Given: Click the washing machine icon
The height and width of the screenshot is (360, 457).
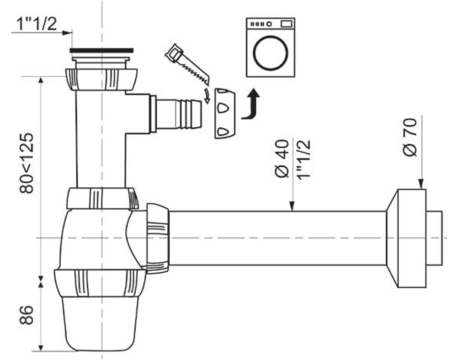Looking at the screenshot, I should [271, 47].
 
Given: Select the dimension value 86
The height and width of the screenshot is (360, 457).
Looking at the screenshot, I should [27, 315].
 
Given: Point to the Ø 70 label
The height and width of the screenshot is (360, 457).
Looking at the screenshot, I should [410, 137].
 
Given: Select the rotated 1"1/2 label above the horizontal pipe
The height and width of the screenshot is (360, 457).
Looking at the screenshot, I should [304, 160].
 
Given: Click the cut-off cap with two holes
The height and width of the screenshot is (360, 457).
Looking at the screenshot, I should [224, 113].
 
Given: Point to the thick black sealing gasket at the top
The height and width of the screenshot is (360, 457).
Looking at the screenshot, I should [102, 50].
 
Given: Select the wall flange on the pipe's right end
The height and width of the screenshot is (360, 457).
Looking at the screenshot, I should [407, 238].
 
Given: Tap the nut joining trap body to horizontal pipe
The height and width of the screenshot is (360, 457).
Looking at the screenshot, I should [156, 238].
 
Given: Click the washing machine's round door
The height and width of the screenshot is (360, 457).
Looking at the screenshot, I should [271, 53].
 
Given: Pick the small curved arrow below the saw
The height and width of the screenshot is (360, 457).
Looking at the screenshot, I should [207, 96].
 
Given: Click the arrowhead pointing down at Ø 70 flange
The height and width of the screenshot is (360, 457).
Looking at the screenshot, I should [421, 185].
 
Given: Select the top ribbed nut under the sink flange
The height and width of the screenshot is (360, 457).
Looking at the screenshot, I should [101, 79].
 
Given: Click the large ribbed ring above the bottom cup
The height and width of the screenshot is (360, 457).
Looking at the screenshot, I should [101, 283].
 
